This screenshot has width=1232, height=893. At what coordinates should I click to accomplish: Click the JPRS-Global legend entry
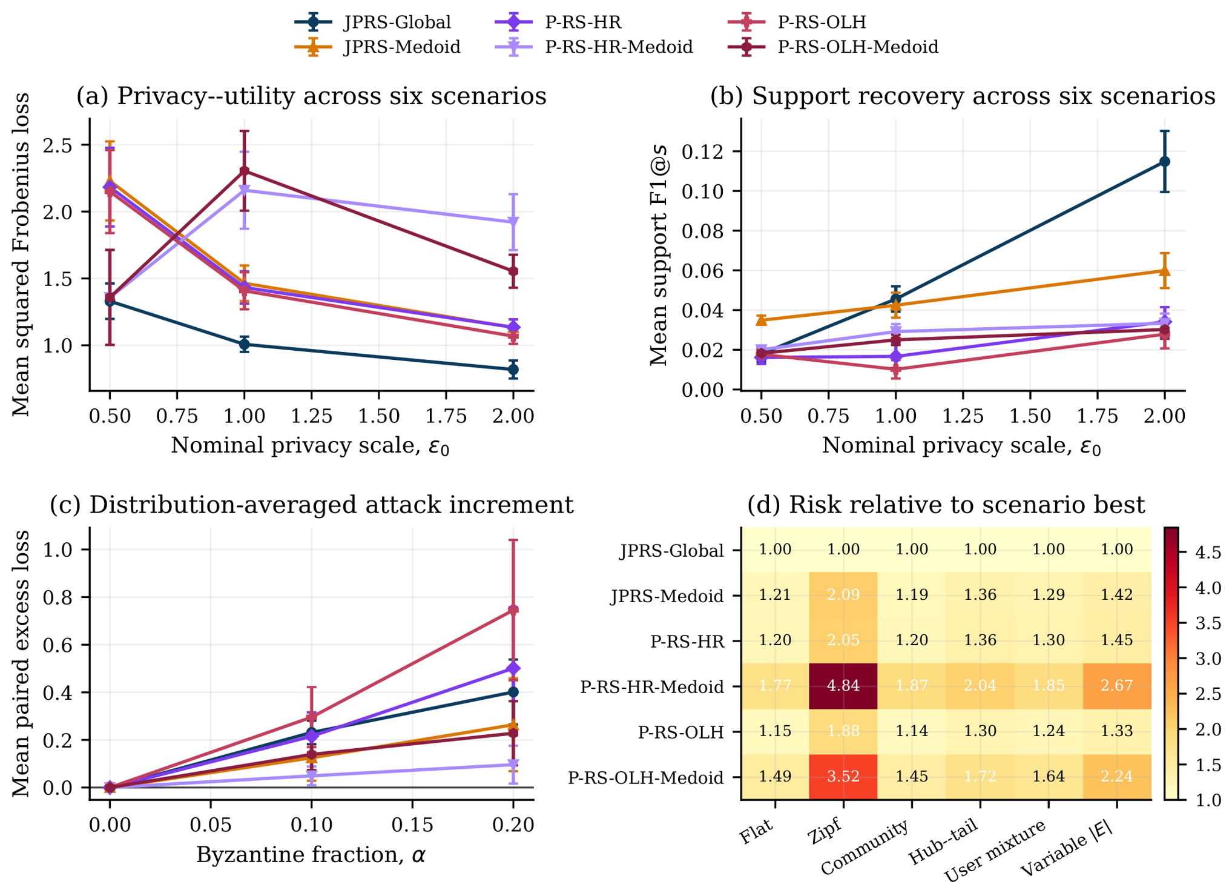coord(373,22)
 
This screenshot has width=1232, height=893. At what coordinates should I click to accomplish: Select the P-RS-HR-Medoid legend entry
coord(593,47)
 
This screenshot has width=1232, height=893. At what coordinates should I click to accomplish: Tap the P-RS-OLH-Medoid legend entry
coord(832,47)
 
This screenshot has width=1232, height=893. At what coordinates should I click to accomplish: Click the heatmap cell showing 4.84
coord(843,686)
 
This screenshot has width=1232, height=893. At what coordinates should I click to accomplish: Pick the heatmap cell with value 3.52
coord(843,777)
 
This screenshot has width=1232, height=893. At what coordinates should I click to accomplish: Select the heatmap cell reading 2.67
coord(1117,686)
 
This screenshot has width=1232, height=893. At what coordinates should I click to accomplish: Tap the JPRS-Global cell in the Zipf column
coord(843,549)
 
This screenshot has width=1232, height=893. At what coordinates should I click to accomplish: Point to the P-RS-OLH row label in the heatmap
coord(681,732)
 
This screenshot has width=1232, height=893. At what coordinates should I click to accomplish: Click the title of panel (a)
coord(311,96)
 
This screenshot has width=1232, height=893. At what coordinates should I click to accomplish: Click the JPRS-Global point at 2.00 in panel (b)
coord(1164,162)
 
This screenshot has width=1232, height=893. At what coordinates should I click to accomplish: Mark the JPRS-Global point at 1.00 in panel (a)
coord(244,344)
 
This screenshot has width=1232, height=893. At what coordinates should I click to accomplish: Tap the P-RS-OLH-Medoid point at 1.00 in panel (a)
coord(244,171)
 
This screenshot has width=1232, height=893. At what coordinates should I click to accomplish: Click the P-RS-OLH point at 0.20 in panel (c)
coord(513,609)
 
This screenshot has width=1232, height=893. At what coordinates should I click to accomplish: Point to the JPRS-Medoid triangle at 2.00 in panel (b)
coord(1164,270)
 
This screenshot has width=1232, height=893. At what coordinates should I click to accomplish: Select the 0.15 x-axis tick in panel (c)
coord(412,825)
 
